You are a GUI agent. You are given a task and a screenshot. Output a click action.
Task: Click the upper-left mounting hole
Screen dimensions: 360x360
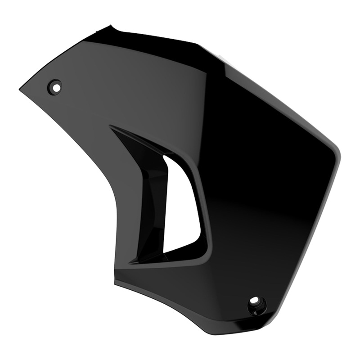pos(56,85)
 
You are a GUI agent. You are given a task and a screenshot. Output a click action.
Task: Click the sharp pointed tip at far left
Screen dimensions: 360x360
pos(20,90)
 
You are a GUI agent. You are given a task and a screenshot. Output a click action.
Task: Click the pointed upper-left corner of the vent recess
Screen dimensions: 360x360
pos(111,127)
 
